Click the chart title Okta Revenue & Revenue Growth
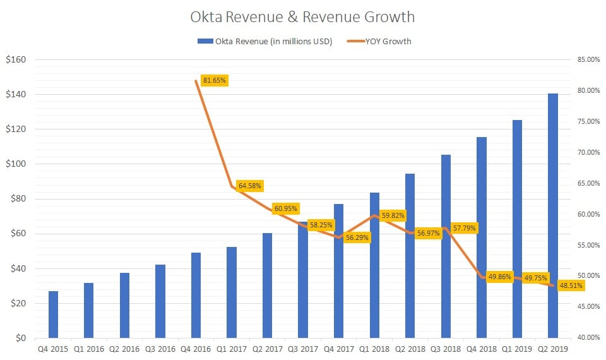click(303, 17)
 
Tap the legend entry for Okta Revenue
click(265, 41)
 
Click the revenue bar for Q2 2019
click(553, 215)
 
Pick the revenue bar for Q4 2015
click(53, 314)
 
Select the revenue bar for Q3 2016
click(160, 301)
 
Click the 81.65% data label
click(215, 80)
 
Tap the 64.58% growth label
click(250, 186)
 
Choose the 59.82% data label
click(393, 215)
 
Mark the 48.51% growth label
click(571, 285)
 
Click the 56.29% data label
click(357, 238)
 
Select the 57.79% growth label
click(464, 227)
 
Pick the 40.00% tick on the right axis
click(588, 337)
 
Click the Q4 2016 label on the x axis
click(196, 348)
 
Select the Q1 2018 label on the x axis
click(374, 348)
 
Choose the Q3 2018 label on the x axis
click(446, 348)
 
